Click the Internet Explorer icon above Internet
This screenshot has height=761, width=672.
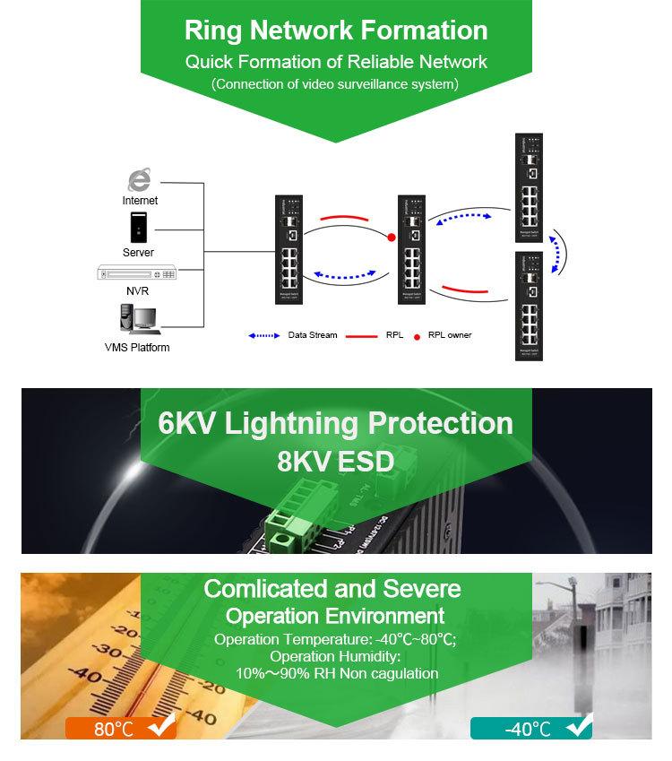pyautogui.click(x=139, y=177)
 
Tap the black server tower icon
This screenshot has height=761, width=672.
pyautogui.click(x=138, y=228)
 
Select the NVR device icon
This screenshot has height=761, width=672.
pyautogui.click(x=138, y=273)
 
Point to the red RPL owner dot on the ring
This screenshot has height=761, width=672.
pyautogui.click(x=392, y=238)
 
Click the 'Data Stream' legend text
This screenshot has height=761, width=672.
pyautogui.click(x=313, y=335)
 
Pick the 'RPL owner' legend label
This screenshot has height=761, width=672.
pyautogui.click(x=449, y=335)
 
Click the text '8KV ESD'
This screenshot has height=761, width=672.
pyautogui.click(x=335, y=461)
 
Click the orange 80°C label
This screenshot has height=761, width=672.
pyautogui.click(x=114, y=728)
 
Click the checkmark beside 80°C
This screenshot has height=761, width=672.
pyautogui.click(x=161, y=727)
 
